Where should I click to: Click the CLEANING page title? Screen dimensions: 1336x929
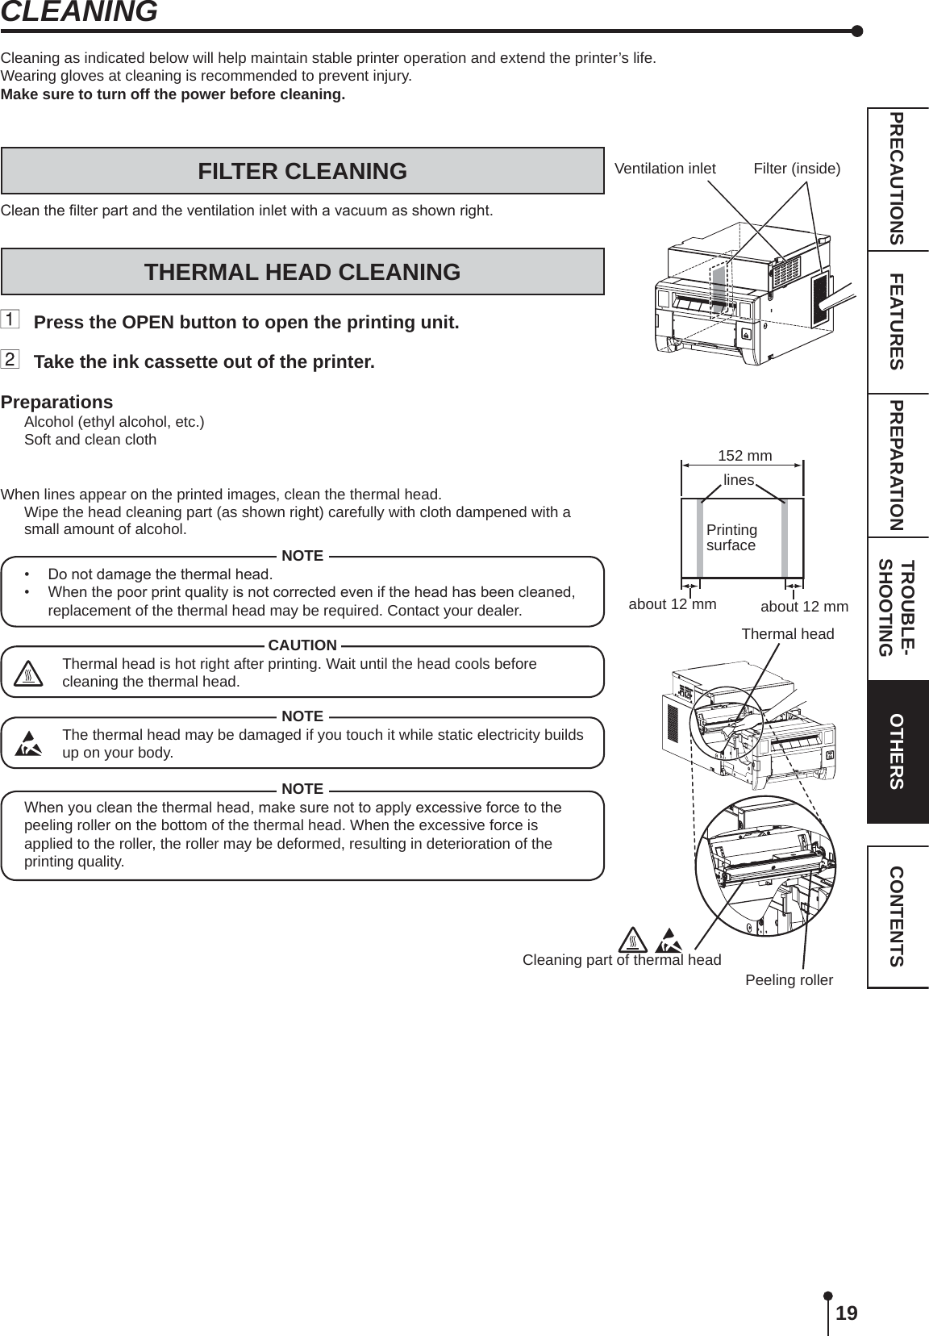79,12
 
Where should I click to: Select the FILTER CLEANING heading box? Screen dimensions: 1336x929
302,171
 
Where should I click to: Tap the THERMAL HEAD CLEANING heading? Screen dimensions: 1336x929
302,272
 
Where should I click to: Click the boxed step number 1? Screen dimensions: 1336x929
10,320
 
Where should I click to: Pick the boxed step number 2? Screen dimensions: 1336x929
10,359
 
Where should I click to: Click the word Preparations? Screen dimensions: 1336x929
56,402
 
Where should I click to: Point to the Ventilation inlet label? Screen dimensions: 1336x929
664,169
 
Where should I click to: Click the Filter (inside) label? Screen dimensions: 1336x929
796,169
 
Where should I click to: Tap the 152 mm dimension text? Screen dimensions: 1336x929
744,456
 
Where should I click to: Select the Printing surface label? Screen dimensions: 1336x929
731,537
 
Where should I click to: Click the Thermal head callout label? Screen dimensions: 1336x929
787,634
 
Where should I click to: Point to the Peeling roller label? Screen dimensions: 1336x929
789,980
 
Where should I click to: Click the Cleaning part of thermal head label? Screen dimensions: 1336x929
622,959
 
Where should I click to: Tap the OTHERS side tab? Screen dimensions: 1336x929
897,751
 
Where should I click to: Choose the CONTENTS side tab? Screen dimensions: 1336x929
897,916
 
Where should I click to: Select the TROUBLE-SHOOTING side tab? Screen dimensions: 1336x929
897,608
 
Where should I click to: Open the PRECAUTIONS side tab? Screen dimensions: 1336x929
897,179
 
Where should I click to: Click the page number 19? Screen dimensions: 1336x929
846,1313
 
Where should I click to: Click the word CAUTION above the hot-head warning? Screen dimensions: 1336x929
302,645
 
